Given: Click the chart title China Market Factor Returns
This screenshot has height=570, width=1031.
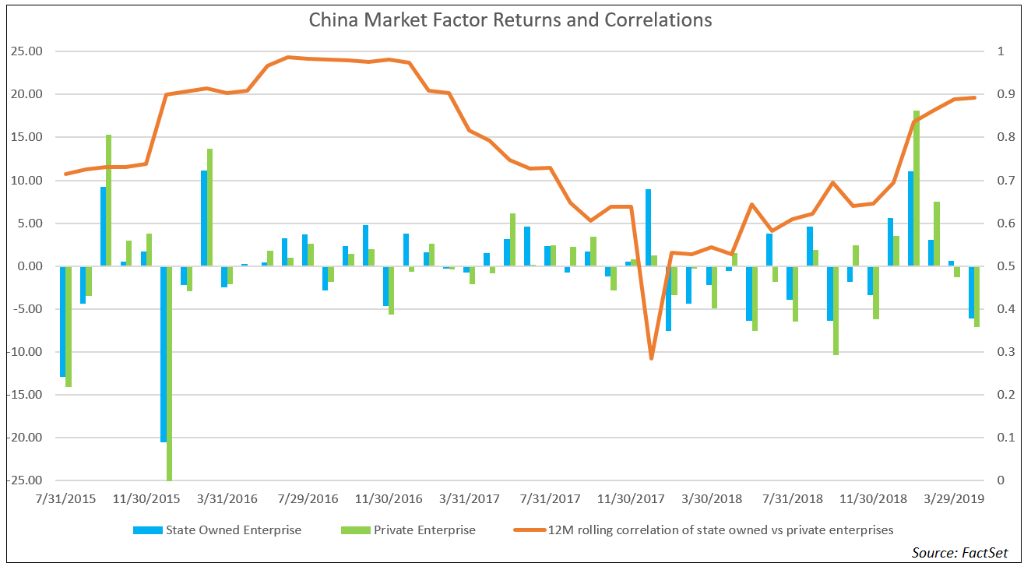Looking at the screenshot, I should [510, 19].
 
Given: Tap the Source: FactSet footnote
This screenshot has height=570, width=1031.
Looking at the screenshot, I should [959, 552].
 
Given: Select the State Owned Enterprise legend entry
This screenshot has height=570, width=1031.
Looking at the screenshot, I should [233, 530].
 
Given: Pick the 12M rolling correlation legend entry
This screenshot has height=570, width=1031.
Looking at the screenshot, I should [720, 530].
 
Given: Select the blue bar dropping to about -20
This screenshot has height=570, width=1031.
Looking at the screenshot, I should [164, 354].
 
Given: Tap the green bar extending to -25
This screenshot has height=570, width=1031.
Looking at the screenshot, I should [170, 374].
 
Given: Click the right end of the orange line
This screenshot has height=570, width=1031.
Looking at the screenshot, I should [974, 97].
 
